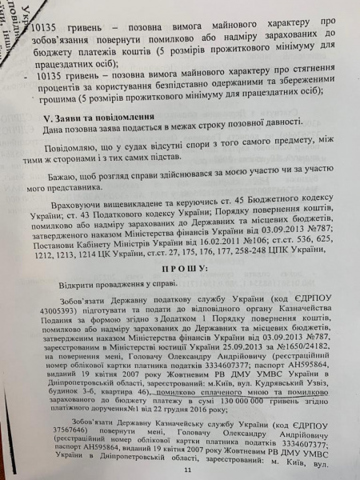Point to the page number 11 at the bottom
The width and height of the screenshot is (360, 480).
click(x=186, y=470)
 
